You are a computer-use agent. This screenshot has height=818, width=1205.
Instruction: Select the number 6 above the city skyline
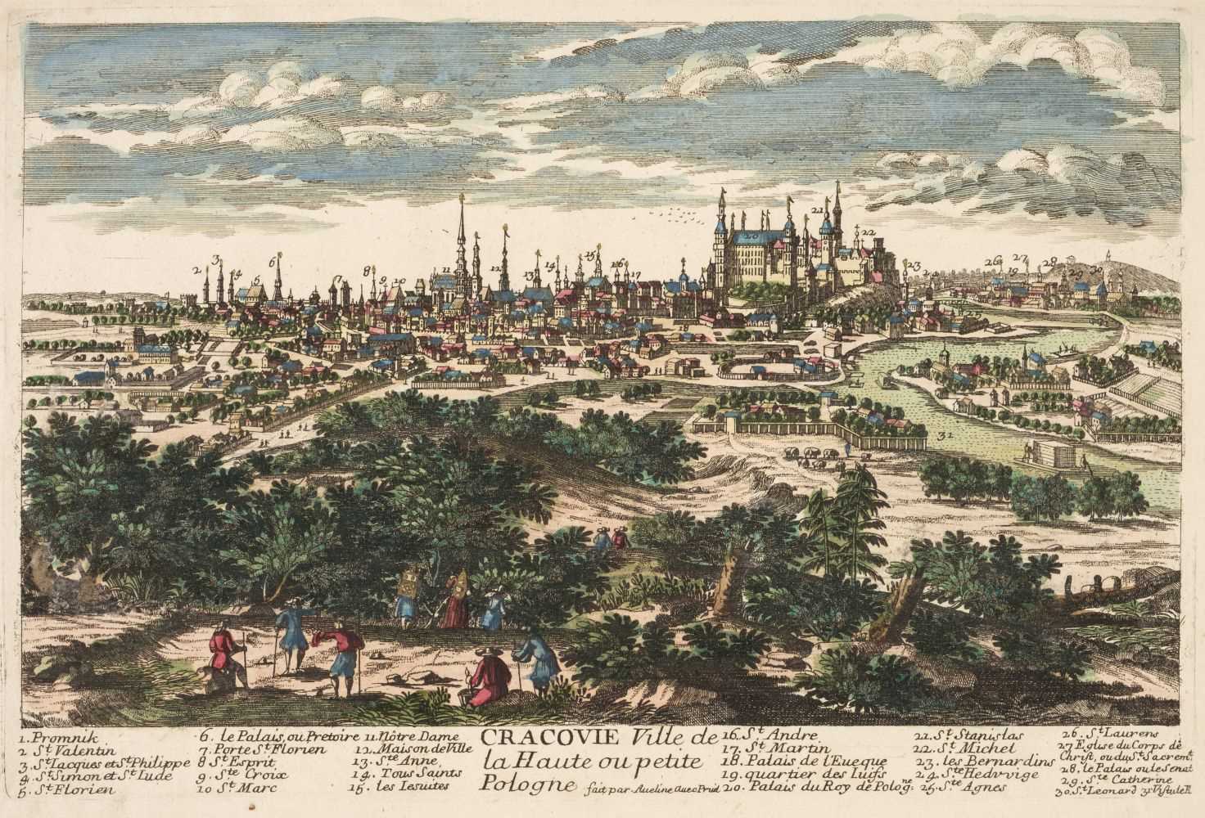(x=272, y=262)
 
